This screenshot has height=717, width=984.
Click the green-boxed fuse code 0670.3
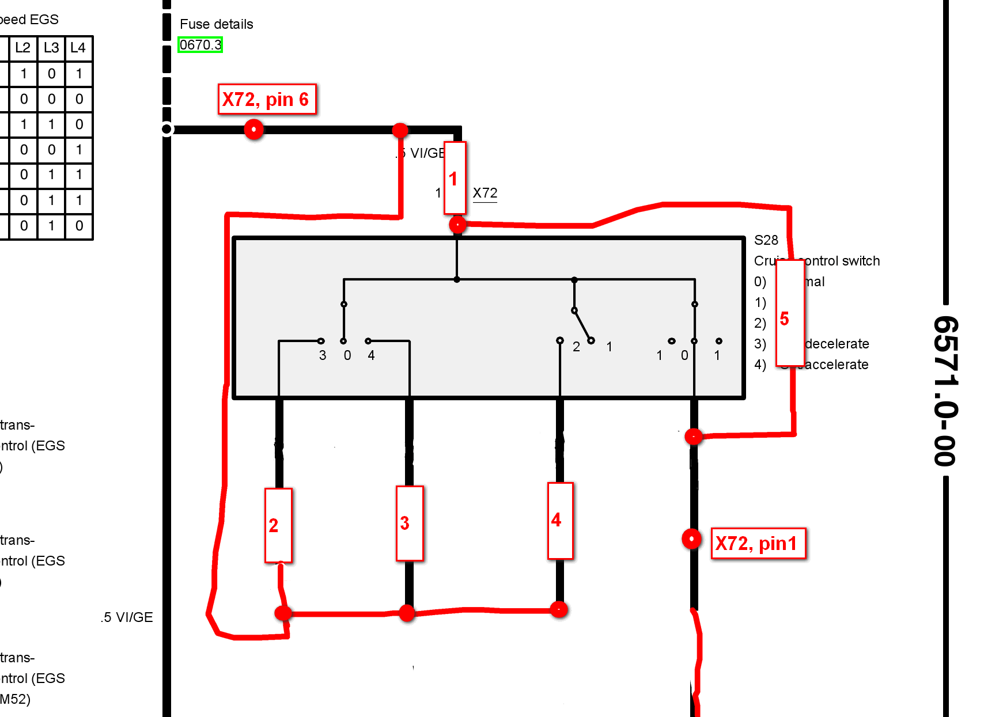[200, 44]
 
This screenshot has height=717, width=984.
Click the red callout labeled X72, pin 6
[267, 100]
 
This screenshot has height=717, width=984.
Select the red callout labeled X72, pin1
[758, 544]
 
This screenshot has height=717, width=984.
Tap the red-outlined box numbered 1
[455, 178]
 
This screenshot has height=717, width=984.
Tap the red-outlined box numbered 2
[278, 525]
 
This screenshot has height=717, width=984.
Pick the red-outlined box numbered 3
[409, 523]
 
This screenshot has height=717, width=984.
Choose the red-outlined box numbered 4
[559, 521]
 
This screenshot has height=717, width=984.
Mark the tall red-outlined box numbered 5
[789, 313]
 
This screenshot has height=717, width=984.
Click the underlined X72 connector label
[485, 193]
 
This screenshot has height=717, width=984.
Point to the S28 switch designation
[766, 240]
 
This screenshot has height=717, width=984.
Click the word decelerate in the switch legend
[837, 344]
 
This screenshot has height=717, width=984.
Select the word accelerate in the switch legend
[837, 365]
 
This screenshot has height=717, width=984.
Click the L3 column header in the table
[51, 48]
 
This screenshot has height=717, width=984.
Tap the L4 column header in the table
[78, 48]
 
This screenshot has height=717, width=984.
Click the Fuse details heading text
[216, 24]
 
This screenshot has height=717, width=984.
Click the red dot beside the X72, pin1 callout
[691, 539]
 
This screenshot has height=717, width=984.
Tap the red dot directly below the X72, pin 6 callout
[253, 129]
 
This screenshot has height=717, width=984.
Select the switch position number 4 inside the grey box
[371, 355]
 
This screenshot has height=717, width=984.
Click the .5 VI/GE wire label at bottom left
[127, 617]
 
